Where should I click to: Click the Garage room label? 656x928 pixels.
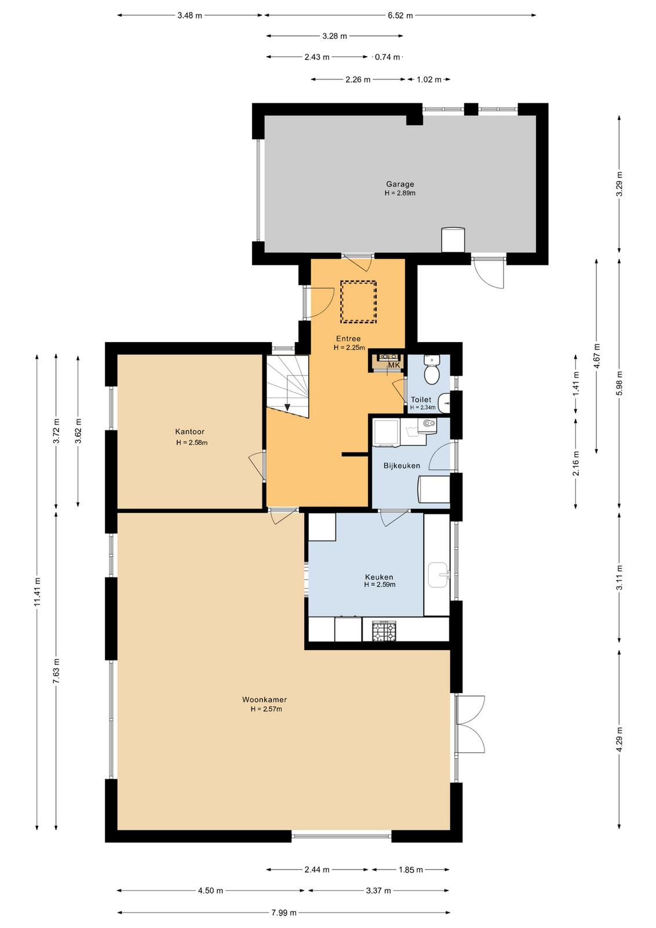click(400, 184)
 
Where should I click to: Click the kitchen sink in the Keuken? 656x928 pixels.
click(438, 575)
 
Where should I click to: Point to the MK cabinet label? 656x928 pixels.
click(393, 365)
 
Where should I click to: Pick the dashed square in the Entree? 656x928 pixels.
click(358, 302)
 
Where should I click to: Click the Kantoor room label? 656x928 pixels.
click(189, 432)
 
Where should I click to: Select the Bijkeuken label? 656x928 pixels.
click(402, 466)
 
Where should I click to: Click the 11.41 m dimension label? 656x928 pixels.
click(37, 592)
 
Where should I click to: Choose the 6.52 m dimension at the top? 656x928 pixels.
click(400, 16)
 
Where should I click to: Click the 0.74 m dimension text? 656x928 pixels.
click(387, 57)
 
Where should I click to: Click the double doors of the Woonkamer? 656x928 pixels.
click(470, 724)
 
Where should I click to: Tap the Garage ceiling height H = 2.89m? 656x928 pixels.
click(400, 193)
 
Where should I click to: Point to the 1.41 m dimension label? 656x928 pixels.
click(576, 385)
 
